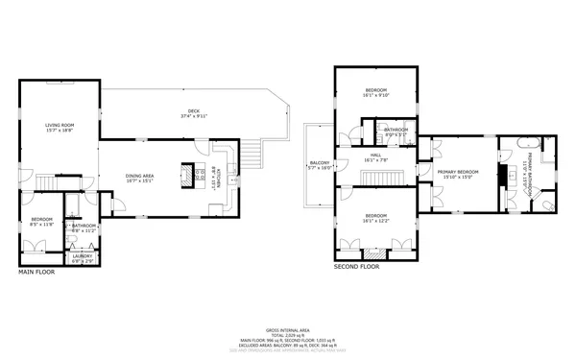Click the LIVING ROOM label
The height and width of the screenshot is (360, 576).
pyautogui.click(x=60, y=125)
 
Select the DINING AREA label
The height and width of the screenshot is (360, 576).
pyautogui.click(x=139, y=175)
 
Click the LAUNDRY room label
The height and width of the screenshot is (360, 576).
pyautogui.click(x=82, y=255)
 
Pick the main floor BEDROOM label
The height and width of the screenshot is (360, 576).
pyautogui.click(x=41, y=220)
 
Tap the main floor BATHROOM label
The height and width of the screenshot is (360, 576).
pyautogui.click(x=83, y=226)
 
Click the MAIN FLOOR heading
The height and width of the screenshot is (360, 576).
pyautogui.click(x=37, y=273)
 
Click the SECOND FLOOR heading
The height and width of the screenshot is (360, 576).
pyautogui.click(x=357, y=266)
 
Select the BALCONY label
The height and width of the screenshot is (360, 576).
pyautogui.click(x=319, y=163)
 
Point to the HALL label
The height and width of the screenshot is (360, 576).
pyautogui.click(x=374, y=156)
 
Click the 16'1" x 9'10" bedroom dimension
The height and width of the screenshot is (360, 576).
pyautogui.click(x=375, y=94)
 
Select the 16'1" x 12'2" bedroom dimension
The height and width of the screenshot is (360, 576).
pyautogui.click(x=375, y=220)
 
